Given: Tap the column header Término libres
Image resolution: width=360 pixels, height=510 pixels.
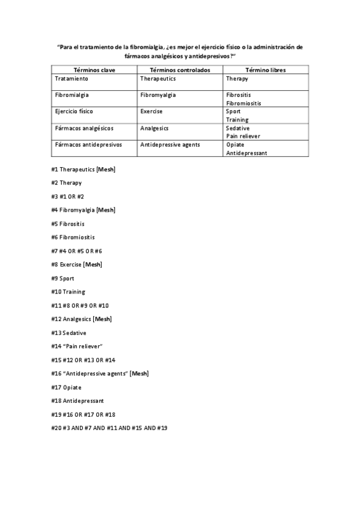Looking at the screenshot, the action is click(x=264, y=70).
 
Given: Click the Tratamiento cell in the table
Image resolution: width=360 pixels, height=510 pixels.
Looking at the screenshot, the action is click(x=72, y=79).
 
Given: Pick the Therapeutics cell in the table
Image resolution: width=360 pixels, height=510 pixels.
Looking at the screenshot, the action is click(x=158, y=79).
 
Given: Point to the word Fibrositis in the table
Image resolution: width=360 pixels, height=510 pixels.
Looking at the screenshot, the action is click(x=239, y=95).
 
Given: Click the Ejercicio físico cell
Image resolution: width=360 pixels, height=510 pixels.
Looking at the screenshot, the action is click(x=74, y=111).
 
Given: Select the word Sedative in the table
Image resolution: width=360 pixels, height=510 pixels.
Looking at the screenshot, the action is click(x=238, y=128).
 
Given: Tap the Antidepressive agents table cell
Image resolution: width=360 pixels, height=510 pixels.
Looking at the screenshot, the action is click(x=170, y=144).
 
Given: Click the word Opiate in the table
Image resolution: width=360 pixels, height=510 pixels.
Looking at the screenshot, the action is click(x=236, y=144).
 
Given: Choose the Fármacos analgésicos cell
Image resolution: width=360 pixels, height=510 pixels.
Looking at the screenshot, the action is click(x=84, y=128).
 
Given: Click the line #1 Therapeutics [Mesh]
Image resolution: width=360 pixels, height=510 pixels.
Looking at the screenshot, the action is click(x=83, y=170).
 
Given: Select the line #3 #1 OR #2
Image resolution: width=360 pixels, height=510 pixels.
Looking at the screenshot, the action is click(x=67, y=197).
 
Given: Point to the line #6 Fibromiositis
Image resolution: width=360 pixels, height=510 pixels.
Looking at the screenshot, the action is click(x=73, y=237).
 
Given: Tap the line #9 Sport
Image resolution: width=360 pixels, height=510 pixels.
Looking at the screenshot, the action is click(x=63, y=278).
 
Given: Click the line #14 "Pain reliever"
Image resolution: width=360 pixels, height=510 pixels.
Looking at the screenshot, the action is click(x=78, y=346).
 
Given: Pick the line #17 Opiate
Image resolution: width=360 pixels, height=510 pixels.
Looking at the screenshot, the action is click(x=66, y=387).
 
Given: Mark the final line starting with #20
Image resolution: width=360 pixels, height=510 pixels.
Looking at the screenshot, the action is click(x=109, y=428).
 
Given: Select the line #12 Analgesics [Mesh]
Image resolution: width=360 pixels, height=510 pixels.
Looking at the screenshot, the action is click(x=81, y=319).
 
